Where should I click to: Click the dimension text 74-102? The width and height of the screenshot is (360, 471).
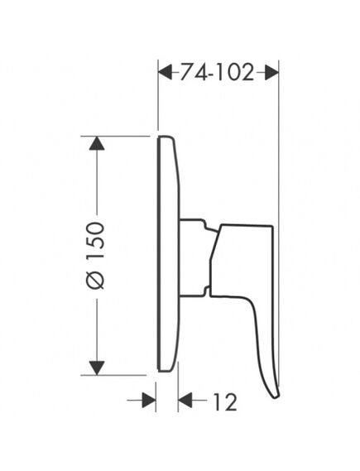pos(217,72)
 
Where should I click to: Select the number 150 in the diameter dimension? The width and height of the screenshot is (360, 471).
pos(95,241)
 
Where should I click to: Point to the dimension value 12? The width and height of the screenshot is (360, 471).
pos(225,401)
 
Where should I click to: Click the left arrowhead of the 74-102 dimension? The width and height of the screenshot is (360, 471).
pos(166,72)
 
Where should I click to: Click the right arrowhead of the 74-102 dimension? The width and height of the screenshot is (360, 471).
pos(271,72)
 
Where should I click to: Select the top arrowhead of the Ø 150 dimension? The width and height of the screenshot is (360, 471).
pos(97,143)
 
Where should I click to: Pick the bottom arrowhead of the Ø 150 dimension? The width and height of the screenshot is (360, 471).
pos(97,368)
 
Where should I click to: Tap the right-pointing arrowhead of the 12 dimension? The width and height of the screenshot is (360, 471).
pos(149,400)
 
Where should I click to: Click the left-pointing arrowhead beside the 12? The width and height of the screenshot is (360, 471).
pos(185,400)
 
